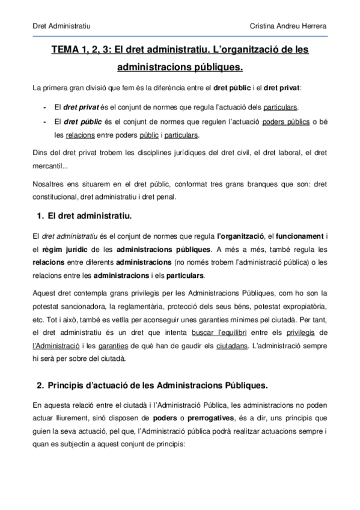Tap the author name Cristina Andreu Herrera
tap(291, 27)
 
